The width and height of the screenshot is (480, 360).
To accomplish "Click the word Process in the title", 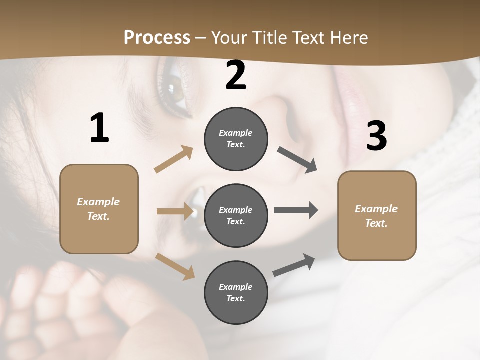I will pos(157,38).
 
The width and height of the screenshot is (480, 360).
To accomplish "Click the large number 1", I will pos(99,128).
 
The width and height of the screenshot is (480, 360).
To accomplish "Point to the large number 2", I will pos(236,75).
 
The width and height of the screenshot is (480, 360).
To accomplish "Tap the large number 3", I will pos(376,136).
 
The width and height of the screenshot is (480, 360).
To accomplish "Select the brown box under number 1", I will pos(99,209).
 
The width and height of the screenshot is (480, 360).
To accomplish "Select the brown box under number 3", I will pos(377,215).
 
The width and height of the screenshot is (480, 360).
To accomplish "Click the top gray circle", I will pos(236,139).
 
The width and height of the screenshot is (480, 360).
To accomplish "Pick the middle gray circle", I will pos(236,215).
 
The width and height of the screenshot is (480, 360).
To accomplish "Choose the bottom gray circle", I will pos(236,292).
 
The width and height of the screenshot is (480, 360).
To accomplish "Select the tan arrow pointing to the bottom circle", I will pos(175,266).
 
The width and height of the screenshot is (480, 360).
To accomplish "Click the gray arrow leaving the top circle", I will pos(297,160).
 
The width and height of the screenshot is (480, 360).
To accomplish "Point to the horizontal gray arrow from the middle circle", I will pos(295,210).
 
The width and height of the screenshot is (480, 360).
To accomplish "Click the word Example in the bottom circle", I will pos(235,287).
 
